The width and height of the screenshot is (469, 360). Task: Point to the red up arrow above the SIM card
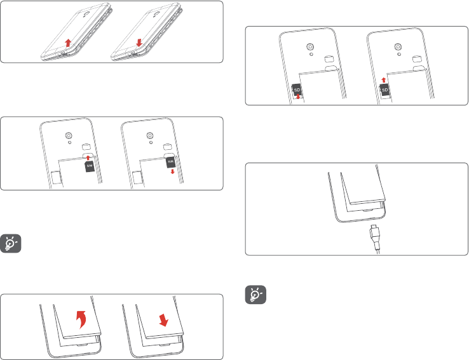pos(88,156)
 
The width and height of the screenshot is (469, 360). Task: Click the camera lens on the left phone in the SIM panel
pos(68,135)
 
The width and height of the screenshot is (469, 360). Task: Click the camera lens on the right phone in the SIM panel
pos(149,135)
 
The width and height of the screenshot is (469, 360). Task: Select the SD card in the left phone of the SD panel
pos(296,90)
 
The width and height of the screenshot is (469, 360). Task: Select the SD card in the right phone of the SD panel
pos(384,90)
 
